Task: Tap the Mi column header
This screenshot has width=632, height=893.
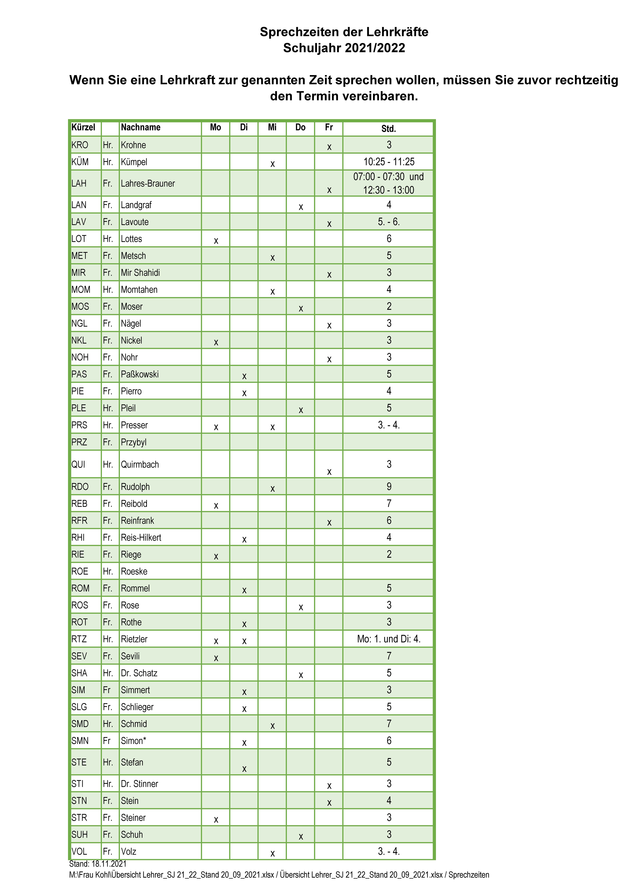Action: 272,128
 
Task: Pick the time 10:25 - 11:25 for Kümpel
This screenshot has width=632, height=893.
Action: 389,162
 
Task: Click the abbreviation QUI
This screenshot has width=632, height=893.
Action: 78,464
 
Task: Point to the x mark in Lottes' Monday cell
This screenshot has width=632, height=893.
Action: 216,241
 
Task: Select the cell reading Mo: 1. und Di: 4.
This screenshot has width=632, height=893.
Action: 389,639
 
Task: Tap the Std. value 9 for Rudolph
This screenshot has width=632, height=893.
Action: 389,487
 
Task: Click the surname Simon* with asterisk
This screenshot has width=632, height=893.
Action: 133,741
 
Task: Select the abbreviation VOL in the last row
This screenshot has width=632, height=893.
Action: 79,851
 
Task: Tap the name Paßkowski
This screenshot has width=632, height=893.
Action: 139,374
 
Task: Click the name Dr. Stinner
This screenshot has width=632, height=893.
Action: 139,784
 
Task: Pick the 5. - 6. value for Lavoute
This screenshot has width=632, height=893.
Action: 389,222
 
